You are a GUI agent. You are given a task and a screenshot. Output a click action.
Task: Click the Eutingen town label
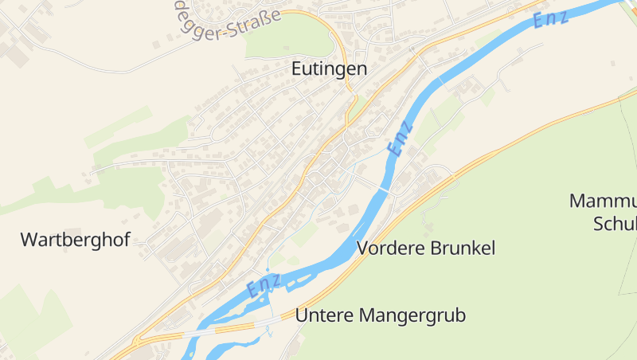(329, 68)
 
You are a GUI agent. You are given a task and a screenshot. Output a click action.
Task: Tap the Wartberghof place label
(75, 239)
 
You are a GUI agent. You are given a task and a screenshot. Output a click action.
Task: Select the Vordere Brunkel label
(427, 248)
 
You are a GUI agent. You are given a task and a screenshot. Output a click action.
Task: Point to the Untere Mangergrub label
(380, 315)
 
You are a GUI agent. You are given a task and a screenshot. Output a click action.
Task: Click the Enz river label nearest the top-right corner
(552, 18)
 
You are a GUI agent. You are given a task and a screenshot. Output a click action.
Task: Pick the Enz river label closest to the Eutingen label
(401, 138)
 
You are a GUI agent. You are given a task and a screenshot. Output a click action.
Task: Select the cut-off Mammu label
(603, 201)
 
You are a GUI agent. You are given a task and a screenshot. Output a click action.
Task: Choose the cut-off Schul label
(615, 224)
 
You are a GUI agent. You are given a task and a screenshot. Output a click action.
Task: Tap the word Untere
(321, 315)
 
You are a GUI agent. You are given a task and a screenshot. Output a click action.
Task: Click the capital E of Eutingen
(297, 68)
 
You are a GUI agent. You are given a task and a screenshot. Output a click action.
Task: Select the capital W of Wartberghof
(29, 239)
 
